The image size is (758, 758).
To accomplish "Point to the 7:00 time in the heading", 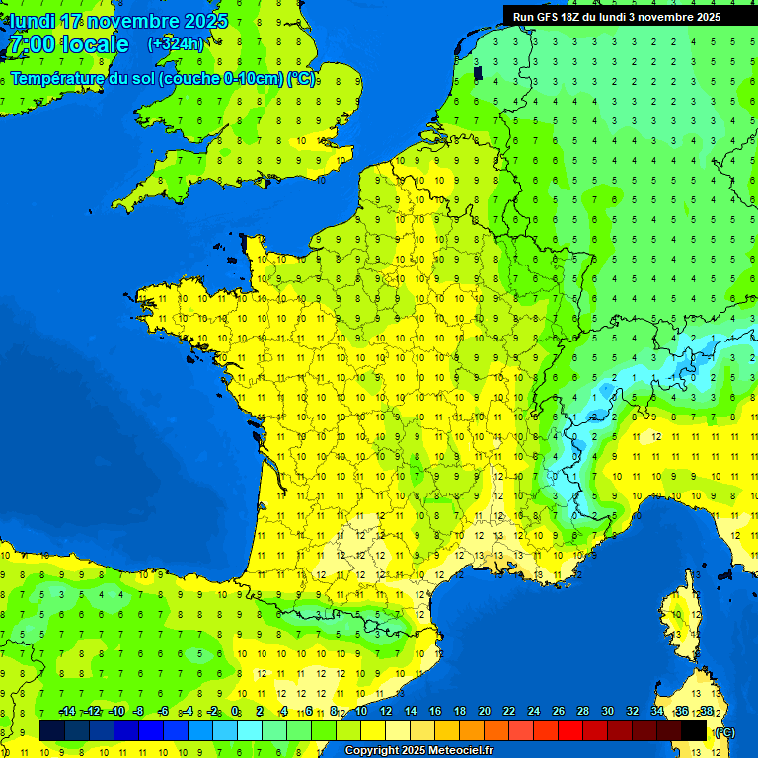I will (x=33, y=44).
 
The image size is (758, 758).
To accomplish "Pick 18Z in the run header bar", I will (x=574, y=17).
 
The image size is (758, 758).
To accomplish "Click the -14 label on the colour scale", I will (x=67, y=712).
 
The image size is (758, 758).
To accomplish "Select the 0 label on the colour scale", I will (x=235, y=712).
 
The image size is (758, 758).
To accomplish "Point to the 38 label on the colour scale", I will (x=707, y=712).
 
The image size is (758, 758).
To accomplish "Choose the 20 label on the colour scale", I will (x=484, y=712).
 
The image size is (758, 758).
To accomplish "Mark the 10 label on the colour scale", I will (x=360, y=712).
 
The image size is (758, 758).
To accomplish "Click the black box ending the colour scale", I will (x=694, y=730).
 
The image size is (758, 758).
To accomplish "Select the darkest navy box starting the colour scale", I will (x=52, y=730).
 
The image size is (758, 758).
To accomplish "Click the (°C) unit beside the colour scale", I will (x=724, y=731).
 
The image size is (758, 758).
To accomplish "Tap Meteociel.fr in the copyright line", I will (x=461, y=751).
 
